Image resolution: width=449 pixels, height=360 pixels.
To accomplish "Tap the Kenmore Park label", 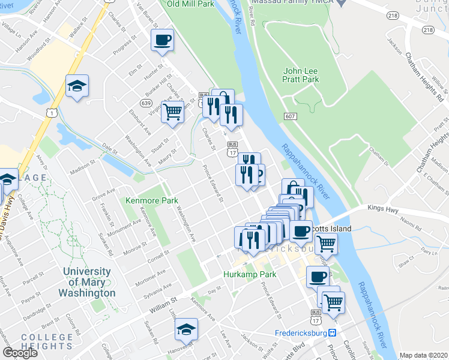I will (x=147, y=200).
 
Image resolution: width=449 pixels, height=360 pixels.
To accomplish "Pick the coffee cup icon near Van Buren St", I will (x=162, y=41).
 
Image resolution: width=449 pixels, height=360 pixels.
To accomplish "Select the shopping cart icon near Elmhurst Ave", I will (x=172, y=111).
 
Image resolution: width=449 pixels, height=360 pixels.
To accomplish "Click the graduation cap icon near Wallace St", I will (x=77, y=86).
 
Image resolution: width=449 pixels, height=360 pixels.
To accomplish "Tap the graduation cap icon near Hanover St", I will (x=186, y=329).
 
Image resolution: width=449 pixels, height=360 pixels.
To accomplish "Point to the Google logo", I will (x=20, y=352).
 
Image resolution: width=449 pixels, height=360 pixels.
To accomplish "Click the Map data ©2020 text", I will (x=423, y=355).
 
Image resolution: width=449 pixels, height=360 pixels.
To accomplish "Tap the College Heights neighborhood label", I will (x=47, y=341).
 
